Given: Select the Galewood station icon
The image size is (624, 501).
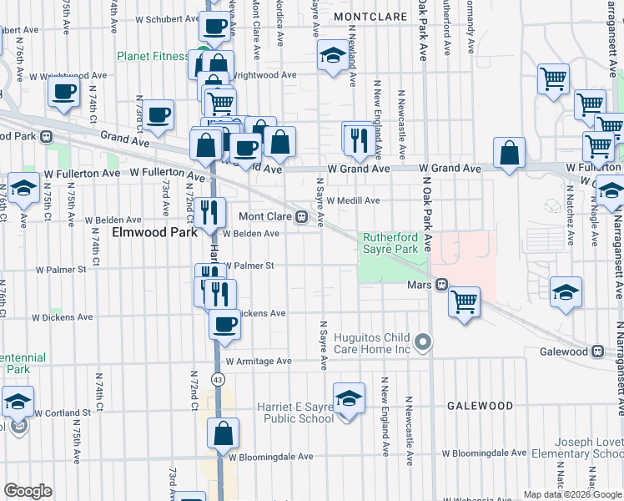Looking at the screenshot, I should point(597,352).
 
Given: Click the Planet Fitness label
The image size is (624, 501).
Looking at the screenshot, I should point(153,56).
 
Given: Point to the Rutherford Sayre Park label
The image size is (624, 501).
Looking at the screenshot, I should point(390,243).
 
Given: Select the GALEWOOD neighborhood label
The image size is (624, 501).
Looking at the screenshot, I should point(480,406).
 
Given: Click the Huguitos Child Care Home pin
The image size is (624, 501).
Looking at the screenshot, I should point(424,342).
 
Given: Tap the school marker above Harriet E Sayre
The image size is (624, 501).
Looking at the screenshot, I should point(350,397).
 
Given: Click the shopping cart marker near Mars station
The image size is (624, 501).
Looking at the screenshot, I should point(464,301).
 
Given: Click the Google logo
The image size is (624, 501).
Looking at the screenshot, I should point(28,490).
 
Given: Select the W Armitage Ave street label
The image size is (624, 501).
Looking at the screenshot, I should point(259,362).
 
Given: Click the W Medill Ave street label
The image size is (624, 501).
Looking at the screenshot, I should point(353,200).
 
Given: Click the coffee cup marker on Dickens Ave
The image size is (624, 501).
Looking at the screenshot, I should point(224,324).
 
